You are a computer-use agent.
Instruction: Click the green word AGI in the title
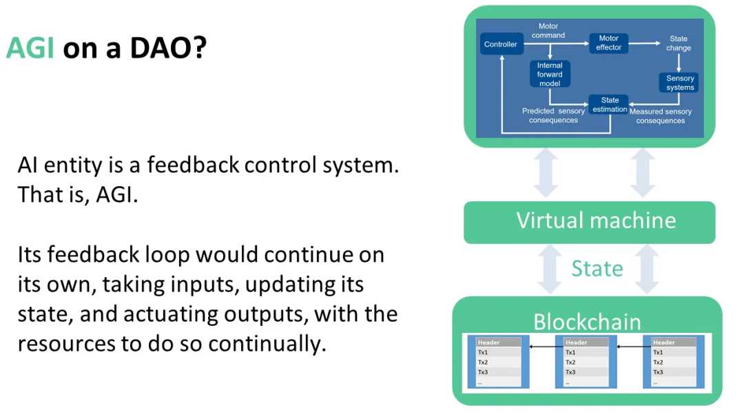pos(30,48)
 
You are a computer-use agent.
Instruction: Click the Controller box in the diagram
pos(500,45)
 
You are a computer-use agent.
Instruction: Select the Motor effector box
pos(608,43)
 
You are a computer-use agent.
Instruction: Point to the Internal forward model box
pos(550,74)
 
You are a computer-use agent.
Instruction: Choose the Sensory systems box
pos(679,83)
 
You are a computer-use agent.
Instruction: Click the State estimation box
pos(610,105)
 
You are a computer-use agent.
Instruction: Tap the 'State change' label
pos(679,43)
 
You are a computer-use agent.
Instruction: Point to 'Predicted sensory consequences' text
pos(553,116)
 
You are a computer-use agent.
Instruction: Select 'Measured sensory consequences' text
pos(660,116)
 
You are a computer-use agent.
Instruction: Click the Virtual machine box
pos(596,221)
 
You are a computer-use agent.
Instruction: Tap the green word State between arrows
pos(597,268)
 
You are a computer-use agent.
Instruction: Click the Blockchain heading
pos(587,321)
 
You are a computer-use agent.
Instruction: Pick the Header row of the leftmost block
pos(499,343)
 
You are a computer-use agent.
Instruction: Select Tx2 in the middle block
pos(570,362)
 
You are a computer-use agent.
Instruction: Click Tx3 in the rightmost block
pos(659,372)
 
